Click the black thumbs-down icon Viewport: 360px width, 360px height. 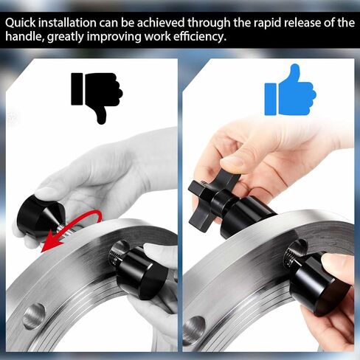97,97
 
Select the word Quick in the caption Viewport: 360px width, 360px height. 20,23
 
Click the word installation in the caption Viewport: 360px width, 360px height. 68,23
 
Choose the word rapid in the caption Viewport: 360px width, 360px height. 269,23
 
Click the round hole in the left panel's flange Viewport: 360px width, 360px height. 35,316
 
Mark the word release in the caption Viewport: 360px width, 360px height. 302,23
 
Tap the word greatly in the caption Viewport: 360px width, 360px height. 65,38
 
